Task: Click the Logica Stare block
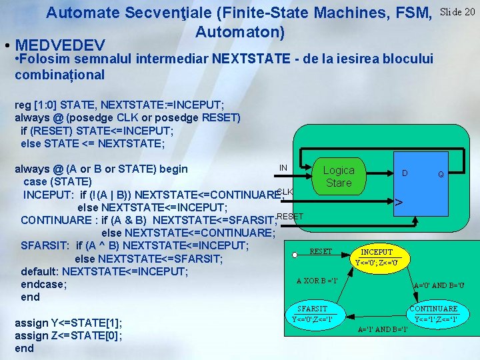coord(338,176)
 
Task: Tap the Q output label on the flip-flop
coord(441,175)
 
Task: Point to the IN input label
coord(283,167)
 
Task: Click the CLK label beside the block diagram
coord(285,192)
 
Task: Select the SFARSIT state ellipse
coord(313,313)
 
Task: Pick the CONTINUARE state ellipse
coord(433,313)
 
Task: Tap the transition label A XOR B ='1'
coord(317,280)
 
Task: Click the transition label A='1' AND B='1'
coord(383,329)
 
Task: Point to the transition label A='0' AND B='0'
coord(439,285)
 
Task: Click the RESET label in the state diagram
coord(321,251)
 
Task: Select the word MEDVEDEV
coord(60,45)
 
